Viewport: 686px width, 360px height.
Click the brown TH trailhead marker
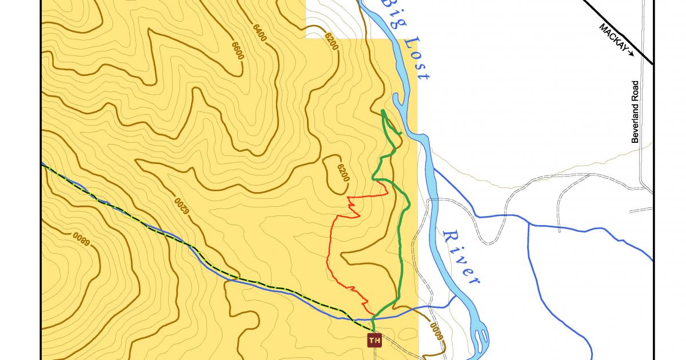374,341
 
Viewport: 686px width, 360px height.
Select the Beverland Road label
635,112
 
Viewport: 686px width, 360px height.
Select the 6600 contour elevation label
237,50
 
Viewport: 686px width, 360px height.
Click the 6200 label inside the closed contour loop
342,172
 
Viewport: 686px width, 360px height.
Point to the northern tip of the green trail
382,110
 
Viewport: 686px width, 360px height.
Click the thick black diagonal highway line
617,29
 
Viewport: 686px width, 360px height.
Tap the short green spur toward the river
397,133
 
